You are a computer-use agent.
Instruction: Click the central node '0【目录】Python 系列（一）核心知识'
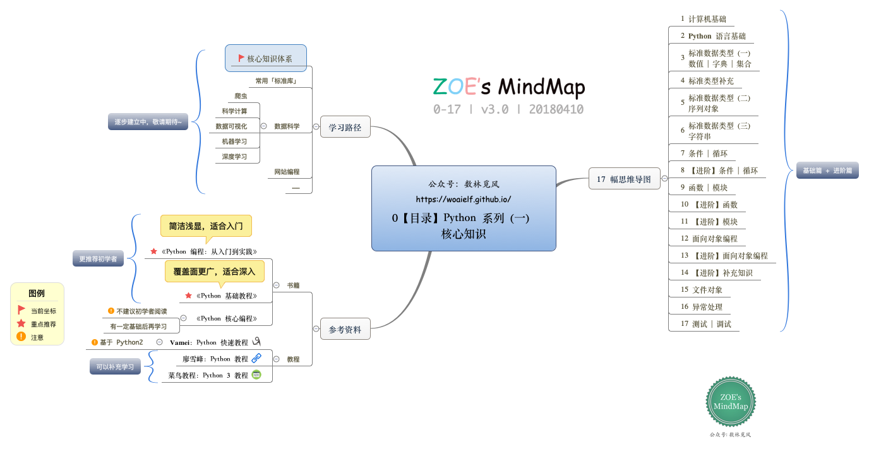[464, 208]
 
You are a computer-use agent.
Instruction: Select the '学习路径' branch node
[345, 127]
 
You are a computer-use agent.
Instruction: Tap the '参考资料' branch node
[345, 329]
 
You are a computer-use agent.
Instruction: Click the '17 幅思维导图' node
[624, 179]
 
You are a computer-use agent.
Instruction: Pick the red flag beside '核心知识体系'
[241, 58]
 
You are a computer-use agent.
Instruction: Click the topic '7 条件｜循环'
[704, 153]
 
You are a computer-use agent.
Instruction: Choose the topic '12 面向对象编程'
[709, 239]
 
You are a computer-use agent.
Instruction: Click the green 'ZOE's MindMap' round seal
[731, 402]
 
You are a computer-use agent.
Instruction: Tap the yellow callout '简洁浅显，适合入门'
[206, 225]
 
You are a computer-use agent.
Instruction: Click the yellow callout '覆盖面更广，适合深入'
[215, 272]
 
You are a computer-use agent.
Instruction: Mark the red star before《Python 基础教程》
[188, 296]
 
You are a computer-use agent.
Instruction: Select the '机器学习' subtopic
[234, 141]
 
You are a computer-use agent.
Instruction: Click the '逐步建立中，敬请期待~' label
[148, 121]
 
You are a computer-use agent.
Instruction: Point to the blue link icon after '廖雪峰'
[256, 358]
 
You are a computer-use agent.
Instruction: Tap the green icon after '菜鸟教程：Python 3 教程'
[256, 375]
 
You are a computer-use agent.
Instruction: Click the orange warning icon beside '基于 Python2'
[95, 342]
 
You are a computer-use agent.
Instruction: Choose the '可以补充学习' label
[115, 366]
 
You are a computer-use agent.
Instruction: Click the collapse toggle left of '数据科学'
[263, 126]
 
